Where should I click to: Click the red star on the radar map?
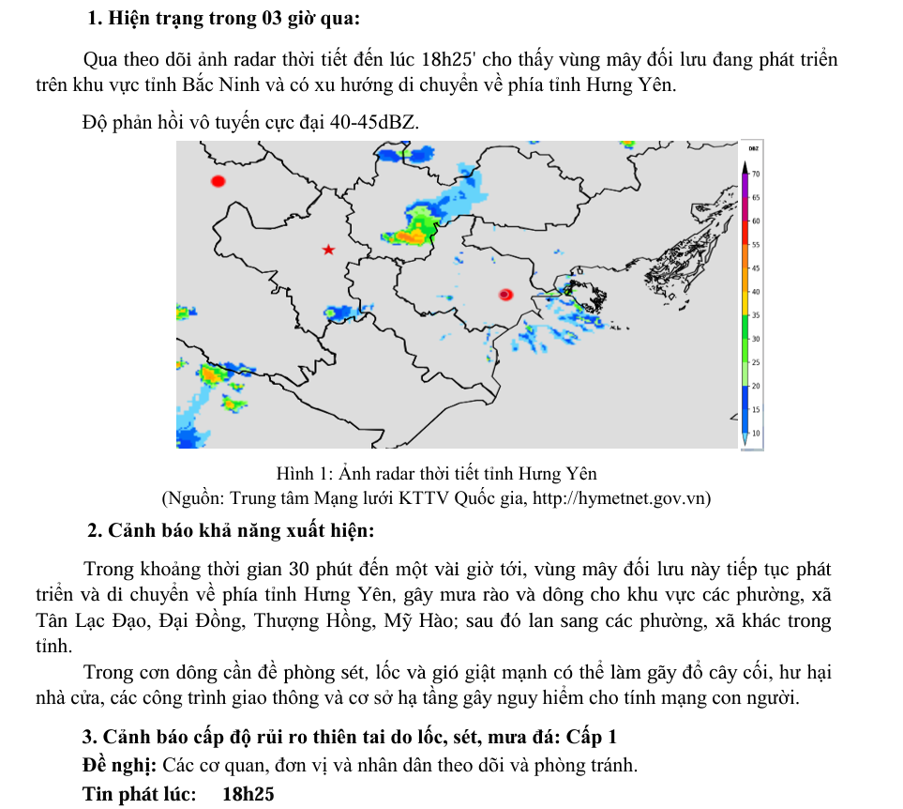328,250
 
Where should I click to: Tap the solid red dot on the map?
218,181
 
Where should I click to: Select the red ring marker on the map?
505,295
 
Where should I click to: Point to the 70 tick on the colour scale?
755,175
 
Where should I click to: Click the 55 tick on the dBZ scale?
755,244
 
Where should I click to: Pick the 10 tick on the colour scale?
755,434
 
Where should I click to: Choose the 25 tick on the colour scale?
755,362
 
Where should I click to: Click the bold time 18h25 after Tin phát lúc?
248,794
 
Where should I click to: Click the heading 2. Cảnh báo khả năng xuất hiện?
231,531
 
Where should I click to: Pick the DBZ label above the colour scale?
753,148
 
